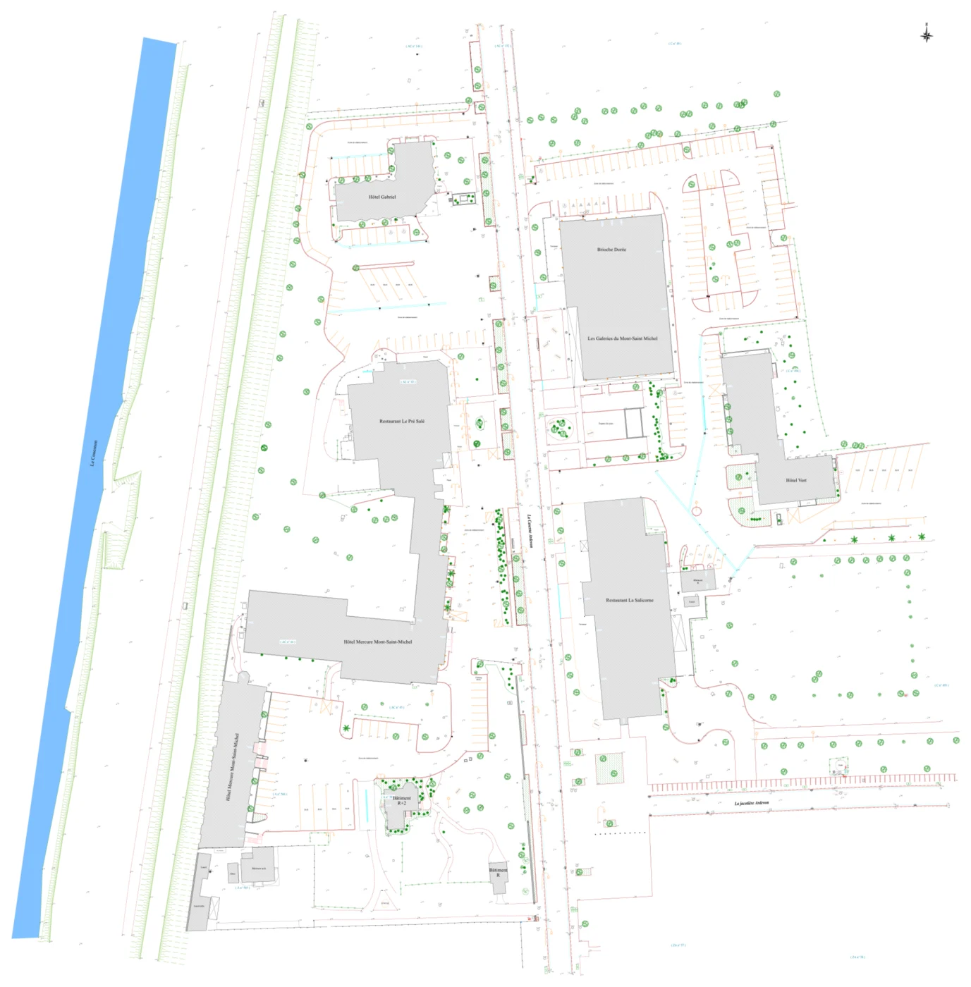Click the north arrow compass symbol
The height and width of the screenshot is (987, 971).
[927, 34]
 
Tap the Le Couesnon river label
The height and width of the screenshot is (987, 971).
[94, 453]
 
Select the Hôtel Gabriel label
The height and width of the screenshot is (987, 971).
[382, 197]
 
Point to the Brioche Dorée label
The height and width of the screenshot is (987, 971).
[611, 250]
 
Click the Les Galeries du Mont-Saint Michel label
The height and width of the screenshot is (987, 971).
[623, 338]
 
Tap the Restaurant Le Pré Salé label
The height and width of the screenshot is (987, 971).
[402, 422]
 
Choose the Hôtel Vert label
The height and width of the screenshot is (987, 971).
[796, 481]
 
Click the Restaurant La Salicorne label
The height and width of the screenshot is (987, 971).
[630, 601]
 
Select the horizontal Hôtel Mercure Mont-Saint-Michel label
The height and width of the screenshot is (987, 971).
[378, 642]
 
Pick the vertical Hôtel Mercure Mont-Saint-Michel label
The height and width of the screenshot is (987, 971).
[232, 766]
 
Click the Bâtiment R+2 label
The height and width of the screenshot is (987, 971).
[401, 801]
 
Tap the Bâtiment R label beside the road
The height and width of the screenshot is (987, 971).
[498, 872]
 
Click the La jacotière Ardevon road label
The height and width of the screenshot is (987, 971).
[751, 803]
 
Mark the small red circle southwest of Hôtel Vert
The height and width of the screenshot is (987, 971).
[696, 511]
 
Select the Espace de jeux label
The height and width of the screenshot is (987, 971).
[606, 424]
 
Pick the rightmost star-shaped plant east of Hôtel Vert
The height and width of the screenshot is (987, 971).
[922, 537]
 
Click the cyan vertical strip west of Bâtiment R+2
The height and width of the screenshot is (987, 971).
[367, 806]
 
